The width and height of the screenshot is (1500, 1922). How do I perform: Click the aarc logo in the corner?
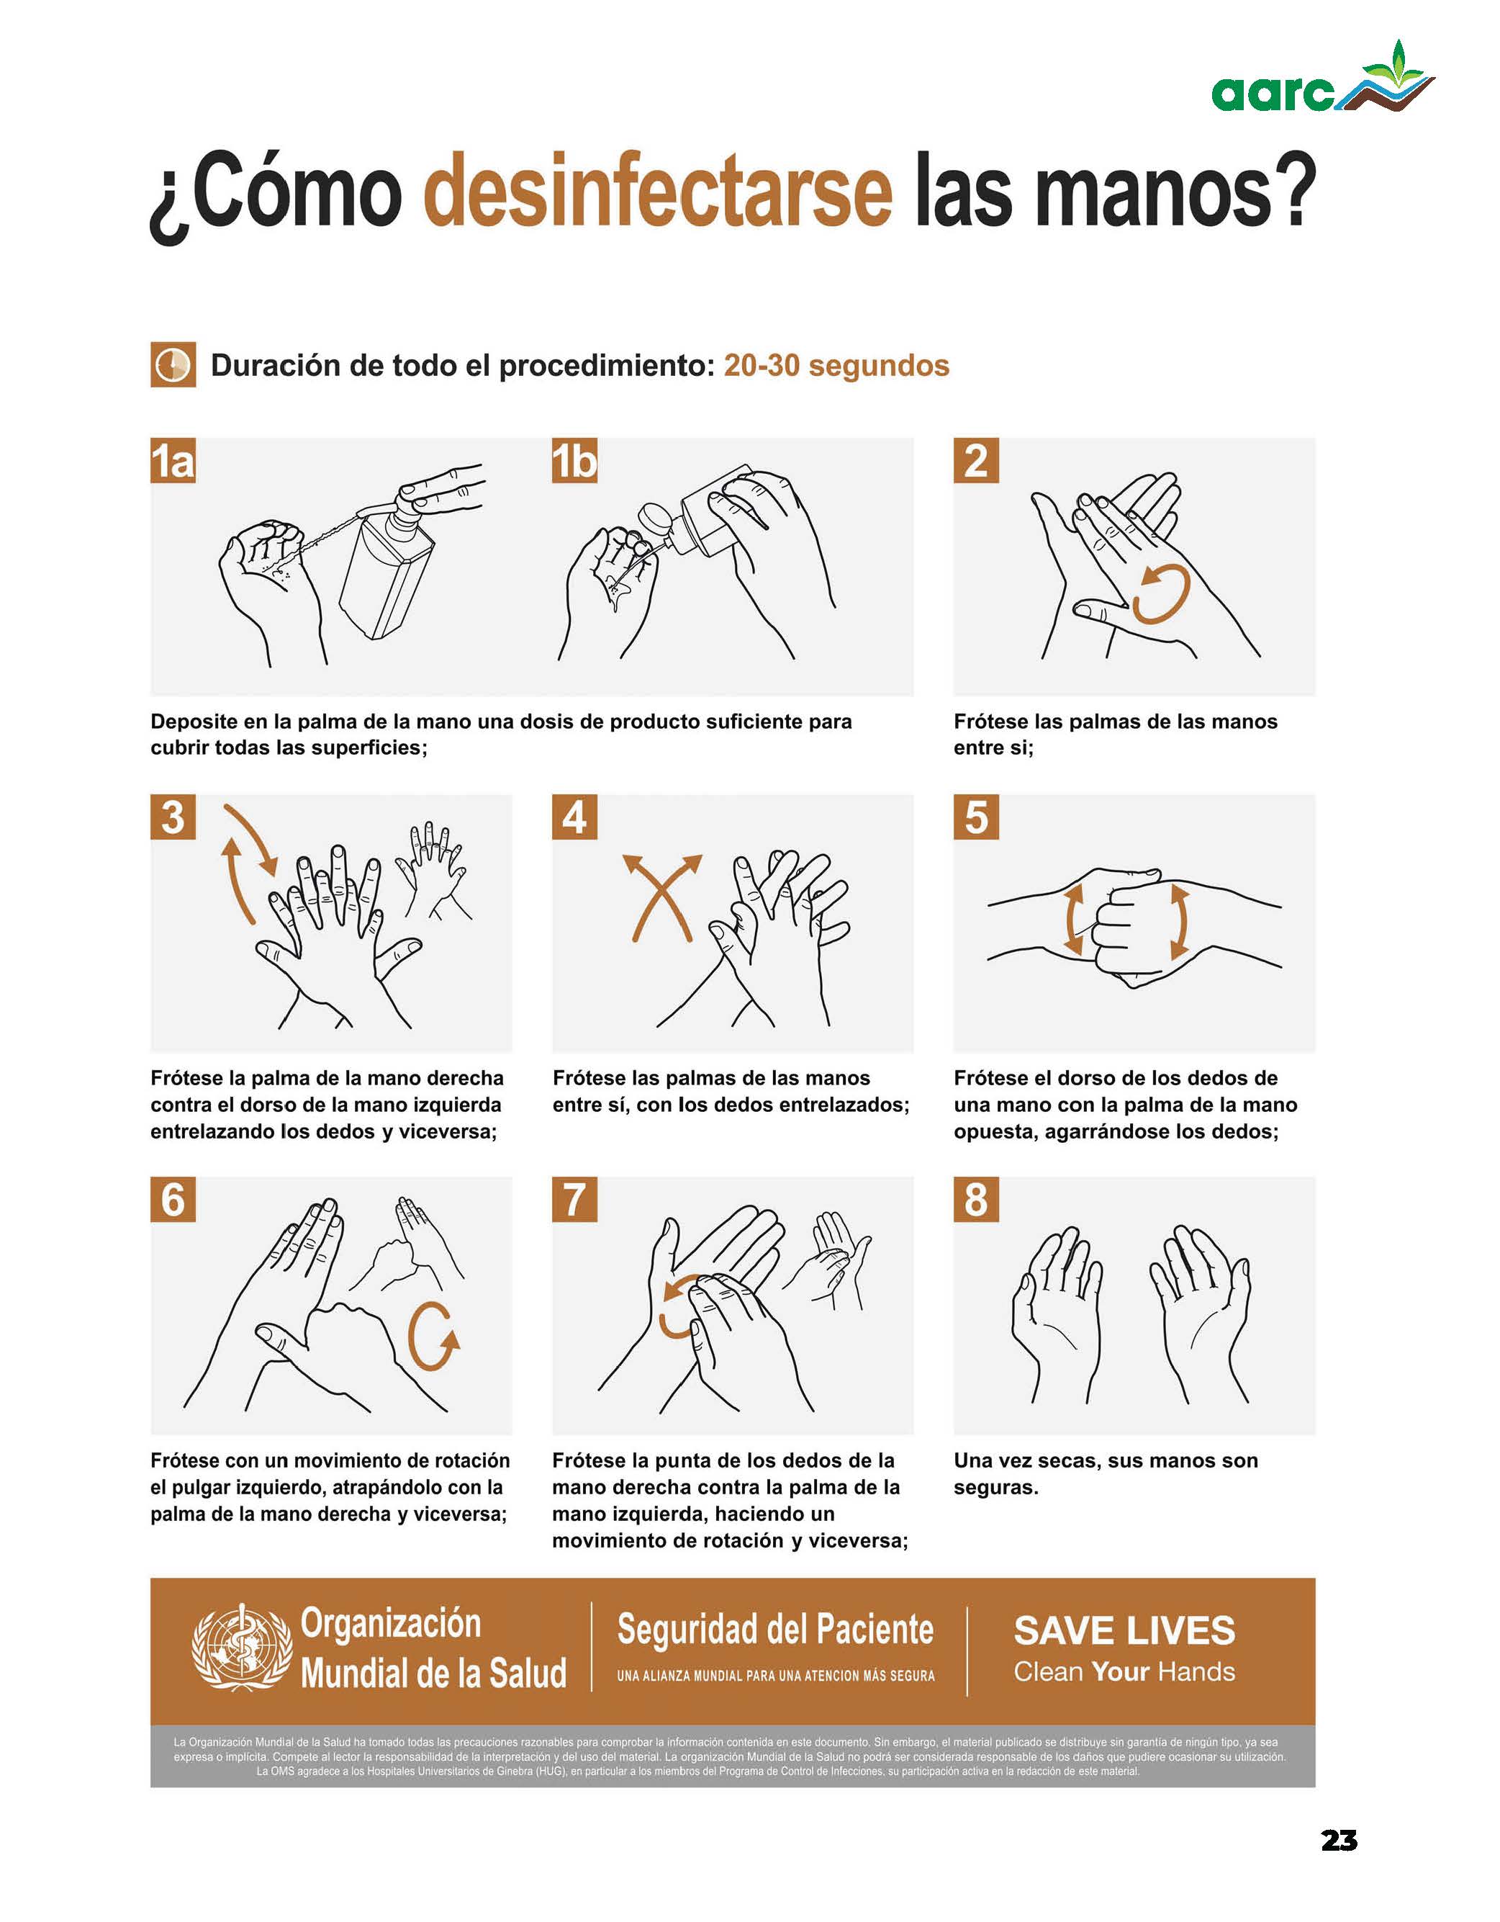[x=1322, y=78]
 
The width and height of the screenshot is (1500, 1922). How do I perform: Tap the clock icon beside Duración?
[x=173, y=364]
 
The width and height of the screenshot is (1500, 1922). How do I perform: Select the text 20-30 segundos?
[x=836, y=365]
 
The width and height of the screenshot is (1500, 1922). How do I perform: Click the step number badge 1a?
[x=173, y=460]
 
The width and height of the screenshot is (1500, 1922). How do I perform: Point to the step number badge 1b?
[x=574, y=460]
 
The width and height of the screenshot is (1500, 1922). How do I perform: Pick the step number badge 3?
[x=173, y=817]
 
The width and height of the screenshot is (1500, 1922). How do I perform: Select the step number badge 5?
[x=977, y=817]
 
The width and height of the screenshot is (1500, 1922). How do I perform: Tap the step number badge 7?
[x=574, y=1200]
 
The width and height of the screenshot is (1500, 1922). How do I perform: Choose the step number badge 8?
[x=977, y=1200]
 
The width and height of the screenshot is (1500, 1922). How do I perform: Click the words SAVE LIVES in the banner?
[x=1124, y=1630]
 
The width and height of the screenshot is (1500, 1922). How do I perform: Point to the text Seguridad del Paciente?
[x=775, y=1629]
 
